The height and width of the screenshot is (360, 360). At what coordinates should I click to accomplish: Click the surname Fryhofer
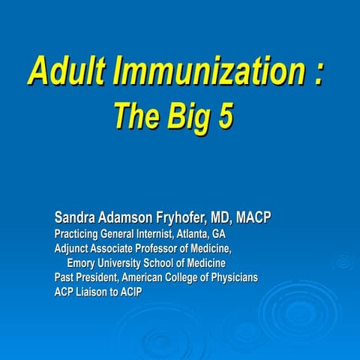click(187, 218)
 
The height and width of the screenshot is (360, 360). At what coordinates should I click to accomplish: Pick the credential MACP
click(253, 218)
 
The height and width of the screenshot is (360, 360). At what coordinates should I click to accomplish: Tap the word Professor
click(166, 248)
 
